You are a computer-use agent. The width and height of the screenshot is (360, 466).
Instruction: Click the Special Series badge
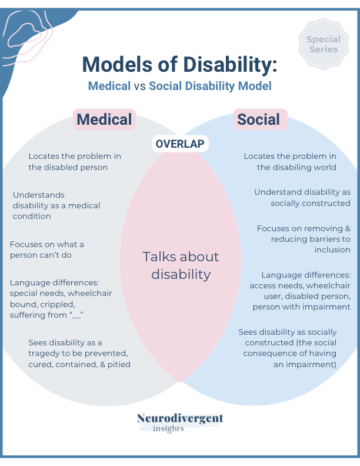324,44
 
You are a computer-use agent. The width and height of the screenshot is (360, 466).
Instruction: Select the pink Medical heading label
104,119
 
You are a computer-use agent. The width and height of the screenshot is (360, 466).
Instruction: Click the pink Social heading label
258,119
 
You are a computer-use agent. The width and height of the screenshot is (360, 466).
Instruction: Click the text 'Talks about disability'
181,265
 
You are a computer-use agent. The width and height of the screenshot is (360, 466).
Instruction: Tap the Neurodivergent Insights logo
180,422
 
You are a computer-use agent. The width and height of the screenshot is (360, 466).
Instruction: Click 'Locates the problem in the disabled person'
75,161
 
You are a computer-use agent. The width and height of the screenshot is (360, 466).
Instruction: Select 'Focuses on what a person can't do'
47,249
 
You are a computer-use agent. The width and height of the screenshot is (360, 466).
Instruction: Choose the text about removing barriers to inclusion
304,239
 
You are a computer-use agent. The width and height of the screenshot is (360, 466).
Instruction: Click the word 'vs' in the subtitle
139,86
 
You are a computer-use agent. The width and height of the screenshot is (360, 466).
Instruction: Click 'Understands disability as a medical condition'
56,205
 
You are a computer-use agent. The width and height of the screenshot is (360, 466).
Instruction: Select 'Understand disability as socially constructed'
302,198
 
